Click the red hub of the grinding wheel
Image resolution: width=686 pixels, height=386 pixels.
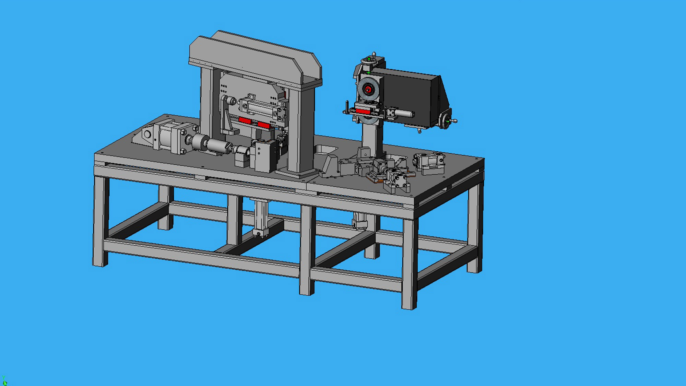coord(368,90)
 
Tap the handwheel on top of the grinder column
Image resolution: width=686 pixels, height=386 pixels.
coord(370,60)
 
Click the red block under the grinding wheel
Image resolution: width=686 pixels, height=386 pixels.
coord(363,111)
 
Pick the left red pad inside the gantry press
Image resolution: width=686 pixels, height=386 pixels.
coord(245,120)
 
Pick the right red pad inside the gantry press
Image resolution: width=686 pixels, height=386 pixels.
coord(264,125)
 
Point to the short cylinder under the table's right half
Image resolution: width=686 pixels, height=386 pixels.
coord(359,220)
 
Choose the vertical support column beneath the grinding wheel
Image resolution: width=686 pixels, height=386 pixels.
coord(372,137)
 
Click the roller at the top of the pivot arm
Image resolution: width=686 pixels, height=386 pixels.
coord(230,101)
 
